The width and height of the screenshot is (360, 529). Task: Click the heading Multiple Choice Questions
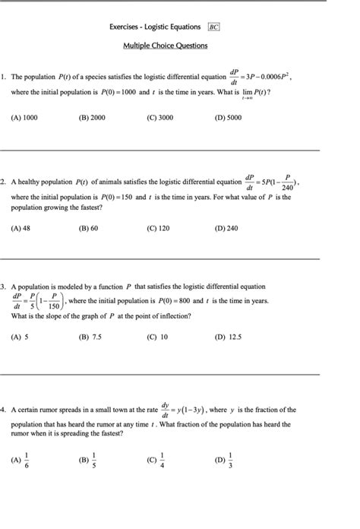(165, 46)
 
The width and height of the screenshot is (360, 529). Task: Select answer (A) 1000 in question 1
(25, 119)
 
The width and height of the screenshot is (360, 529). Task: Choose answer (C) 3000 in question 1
(160, 119)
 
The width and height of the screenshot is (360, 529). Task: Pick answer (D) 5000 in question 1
(228, 119)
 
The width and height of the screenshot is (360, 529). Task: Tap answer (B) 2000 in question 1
(92, 119)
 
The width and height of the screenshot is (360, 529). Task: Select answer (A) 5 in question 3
(20, 337)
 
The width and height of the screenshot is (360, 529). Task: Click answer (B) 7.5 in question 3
(90, 337)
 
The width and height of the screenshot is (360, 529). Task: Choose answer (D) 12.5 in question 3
(227, 337)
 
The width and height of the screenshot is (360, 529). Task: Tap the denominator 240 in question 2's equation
(286, 188)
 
